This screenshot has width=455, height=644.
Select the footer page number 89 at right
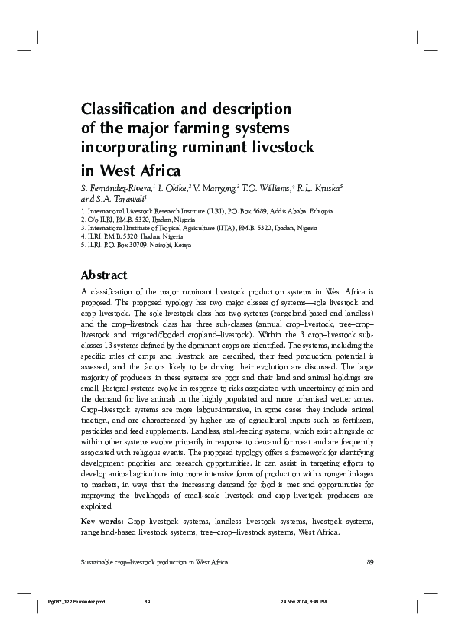click(x=369, y=562)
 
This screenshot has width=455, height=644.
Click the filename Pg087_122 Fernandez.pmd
click(x=75, y=603)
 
